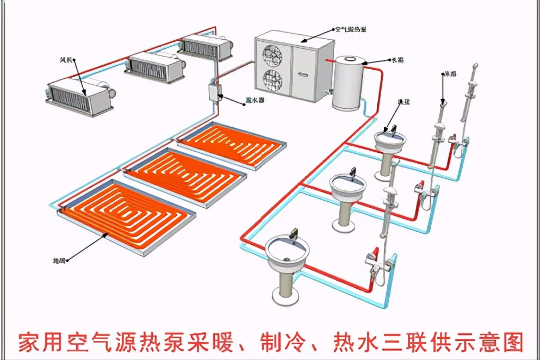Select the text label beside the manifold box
click(x=252, y=101)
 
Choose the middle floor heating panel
click(x=183, y=173)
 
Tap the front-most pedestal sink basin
click(x=287, y=249)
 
